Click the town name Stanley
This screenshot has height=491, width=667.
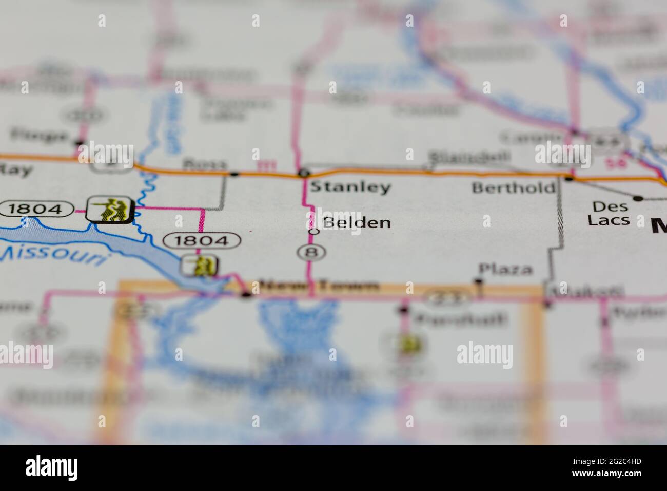[x=350, y=187]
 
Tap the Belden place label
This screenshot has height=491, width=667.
[x=357, y=222]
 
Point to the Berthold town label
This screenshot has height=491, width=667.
[x=513, y=187]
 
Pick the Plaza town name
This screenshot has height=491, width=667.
[x=505, y=269]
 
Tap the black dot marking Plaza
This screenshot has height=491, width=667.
[x=479, y=281]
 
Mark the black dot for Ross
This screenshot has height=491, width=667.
[x=234, y=174]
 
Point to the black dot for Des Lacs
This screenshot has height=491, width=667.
[x=638, y=198]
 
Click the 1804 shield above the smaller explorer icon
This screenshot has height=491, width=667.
[x=202, y=240]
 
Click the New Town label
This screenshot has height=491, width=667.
[x=320, y=286]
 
